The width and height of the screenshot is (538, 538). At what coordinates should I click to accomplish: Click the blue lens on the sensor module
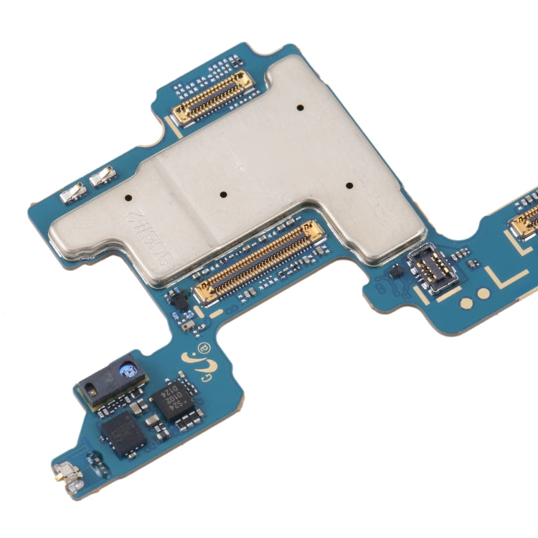[x=131, y=370]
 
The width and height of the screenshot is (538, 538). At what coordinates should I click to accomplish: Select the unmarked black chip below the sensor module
[x=118, y=433]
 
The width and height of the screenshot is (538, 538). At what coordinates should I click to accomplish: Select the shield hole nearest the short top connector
[x=299, y=108]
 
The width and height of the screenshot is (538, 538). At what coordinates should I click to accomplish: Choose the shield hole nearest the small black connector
[x=349, y=186]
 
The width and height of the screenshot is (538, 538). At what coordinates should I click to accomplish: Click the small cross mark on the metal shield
[x=240, y=166]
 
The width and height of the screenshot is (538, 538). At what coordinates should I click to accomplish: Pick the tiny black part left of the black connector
[x=394, y=273]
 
